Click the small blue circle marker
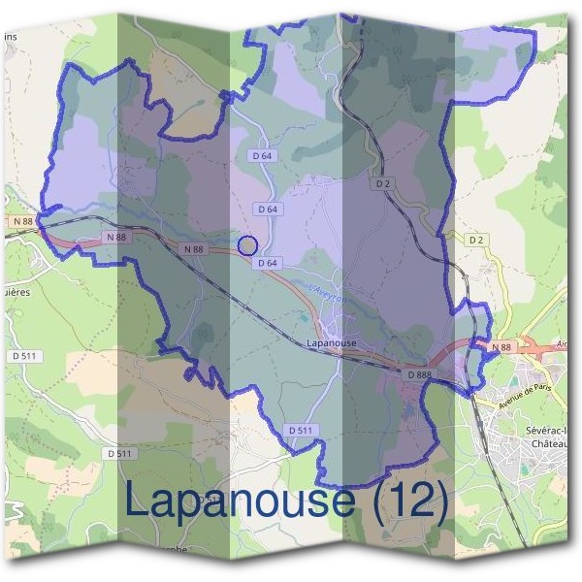pyautogui.click(x=247, y=245)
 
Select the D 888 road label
pyautogui.click(x=419, y=373)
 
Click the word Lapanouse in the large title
pyautogui.click(x=239, y=500)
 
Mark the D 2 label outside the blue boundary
pyautogui.click(x=475, y=240)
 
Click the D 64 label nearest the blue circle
pyautogui.click(x=268, y=263)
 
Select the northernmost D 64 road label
pyautogui.click(x=262, y=155)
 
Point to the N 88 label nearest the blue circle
pyautogui.click(x=194, y=249)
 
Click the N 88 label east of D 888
pyautogui.click(x=501, y=347)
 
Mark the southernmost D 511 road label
pyautogui.click(x=119, y=454)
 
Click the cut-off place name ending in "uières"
pyautogui.click(x=16, y=290)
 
